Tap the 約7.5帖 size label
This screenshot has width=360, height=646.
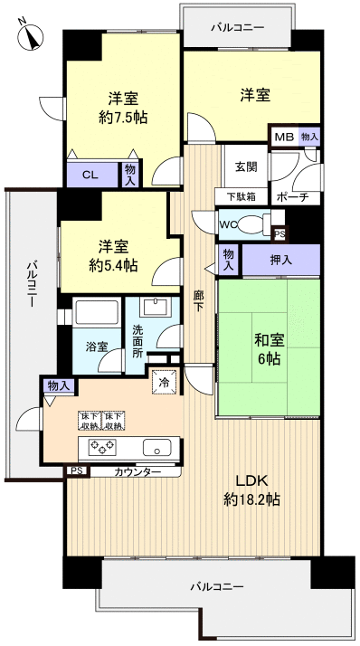coord(123,117)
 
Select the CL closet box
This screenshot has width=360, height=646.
coord(90,175)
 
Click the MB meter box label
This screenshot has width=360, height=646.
coord(283,137)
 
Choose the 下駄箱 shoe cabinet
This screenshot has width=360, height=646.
coord(241,197)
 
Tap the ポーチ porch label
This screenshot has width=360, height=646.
coord(294,197)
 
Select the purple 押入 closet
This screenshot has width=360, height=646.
coord(281,260)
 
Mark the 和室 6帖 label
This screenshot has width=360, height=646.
coord(268,348)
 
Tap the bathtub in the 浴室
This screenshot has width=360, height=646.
coord(98,314)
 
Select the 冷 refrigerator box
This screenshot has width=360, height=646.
coord(165,382)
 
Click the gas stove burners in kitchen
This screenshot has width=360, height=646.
coord(100,446)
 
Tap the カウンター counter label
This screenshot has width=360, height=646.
coord(138,472)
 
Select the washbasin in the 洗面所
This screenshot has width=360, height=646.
coord(154,306)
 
